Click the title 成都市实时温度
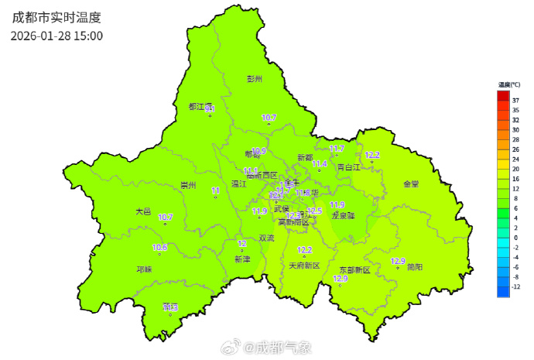point(56,16)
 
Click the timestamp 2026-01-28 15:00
point(56,36)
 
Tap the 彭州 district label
point(255,79)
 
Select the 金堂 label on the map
point(410,184)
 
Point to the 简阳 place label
point(414,267)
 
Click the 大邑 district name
point(144,211)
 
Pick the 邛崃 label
point(144,269)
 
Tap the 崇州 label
point(188,185)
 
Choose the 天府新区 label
point(304,266)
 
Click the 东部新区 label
point(354,270)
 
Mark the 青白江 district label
point(348,166)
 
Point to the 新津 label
point(242,259)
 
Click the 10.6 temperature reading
point(160,248)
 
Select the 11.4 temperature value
point(320,164)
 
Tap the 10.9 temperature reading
point(258,151)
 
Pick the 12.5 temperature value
point(314,211)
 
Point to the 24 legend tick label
point(515,159)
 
